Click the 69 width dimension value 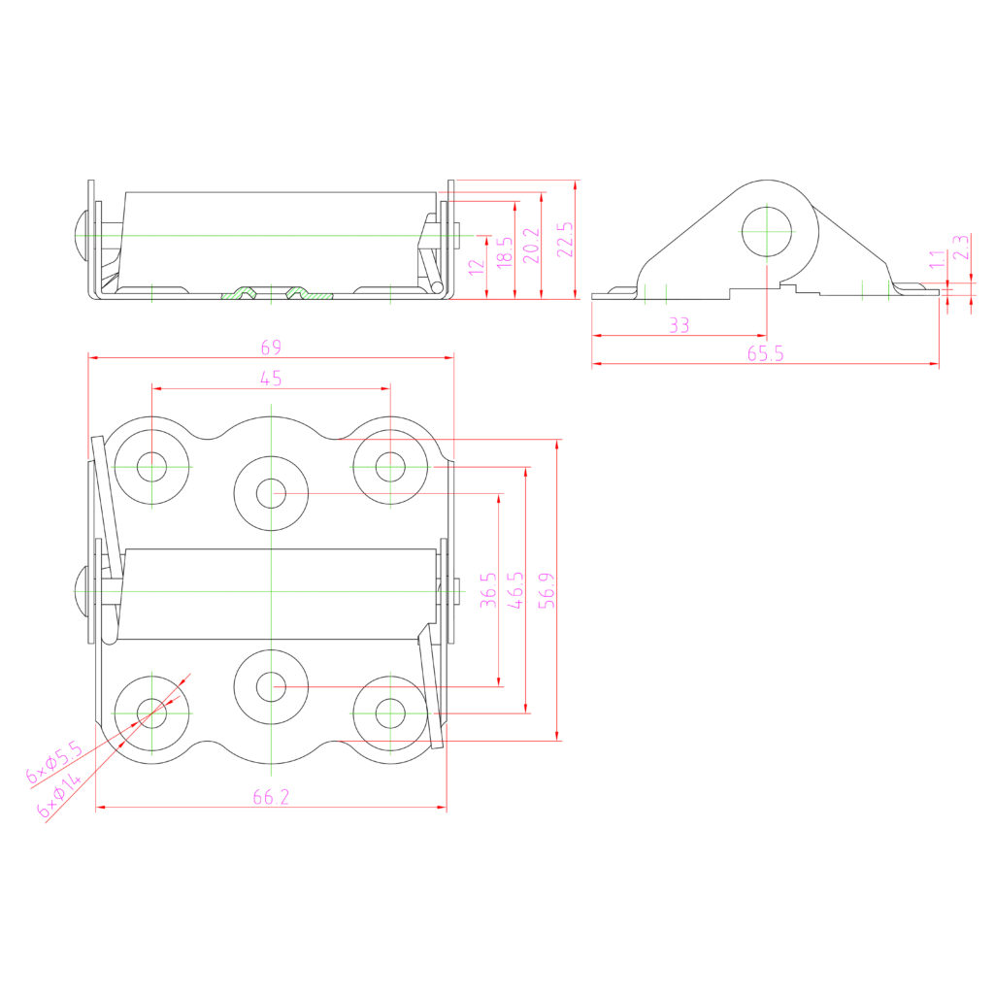click(x=271, y=347)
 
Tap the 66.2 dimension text click(x=271, y=797)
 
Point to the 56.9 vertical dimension click(x=547, y=589)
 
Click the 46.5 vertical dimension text click(x=516, y=589)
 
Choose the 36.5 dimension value click(x=488, y=589)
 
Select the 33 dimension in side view click(x=679, y=326)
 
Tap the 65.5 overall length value click(x=766, y=354)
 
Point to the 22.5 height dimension click(x=565, y=239)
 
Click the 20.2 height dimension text click(x=531, y=247)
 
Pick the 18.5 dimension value click(x=503, y=253)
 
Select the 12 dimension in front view click(x=475, y=264)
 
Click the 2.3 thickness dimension click(x=960, y=247)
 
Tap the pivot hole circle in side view click(x=767, y=231)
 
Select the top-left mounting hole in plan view click(x=152, y=467)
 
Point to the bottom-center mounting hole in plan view click(x=271, y=686)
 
